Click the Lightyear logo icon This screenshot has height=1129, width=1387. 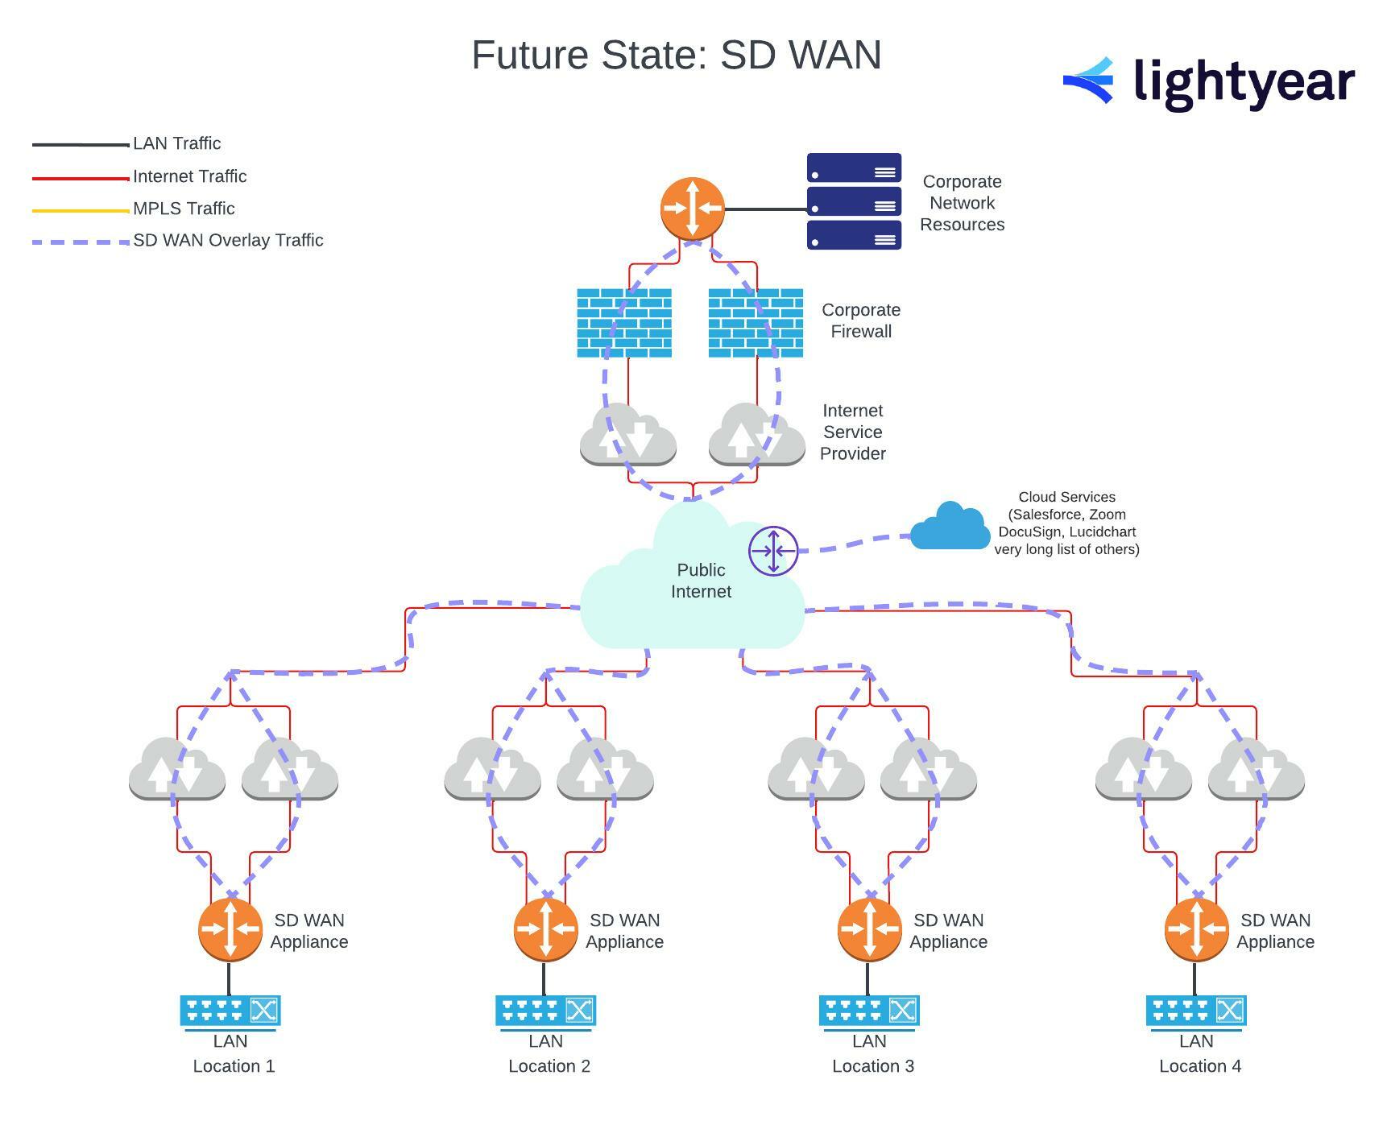(1089, 81)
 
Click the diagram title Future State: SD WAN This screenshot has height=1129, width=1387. (676, 56)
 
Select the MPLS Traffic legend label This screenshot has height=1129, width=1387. (184, 209)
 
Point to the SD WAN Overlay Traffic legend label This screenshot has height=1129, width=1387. (228, 240)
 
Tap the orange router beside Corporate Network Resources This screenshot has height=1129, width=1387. (692, 209)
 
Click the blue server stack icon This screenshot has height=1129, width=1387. (854, 201)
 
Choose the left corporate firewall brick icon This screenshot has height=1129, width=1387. (624, 323)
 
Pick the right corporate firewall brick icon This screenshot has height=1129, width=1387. (756, 323)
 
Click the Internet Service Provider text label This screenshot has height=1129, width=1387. (852, 432)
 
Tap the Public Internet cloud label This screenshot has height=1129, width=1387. (701, 581)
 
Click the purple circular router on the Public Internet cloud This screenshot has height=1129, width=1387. (773, 551)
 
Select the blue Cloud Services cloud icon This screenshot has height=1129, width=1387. (950, 527)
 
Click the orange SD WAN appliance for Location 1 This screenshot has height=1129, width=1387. (230, 929)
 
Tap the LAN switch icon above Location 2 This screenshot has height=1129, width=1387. (545, 1011)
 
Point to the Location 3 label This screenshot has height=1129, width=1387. (872, 1066)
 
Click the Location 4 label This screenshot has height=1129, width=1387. (1199, 1066)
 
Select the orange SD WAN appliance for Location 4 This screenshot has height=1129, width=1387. (1196, 929)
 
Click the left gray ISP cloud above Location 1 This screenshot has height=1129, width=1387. (177, 769)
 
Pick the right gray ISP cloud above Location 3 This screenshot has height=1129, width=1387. (929, 769)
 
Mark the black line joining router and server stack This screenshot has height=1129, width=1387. (765, 209)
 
